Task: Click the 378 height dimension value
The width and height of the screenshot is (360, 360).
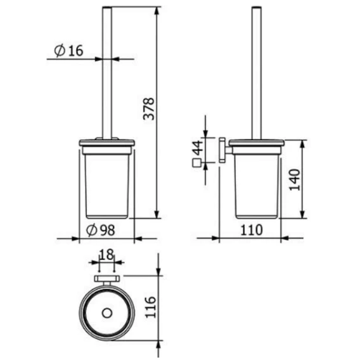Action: point(149,109)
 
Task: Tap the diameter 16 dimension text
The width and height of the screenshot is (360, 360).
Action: point(68,51)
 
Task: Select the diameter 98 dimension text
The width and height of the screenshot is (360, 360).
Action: point(101,230)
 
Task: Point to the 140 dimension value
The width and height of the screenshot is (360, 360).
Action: point(295,179)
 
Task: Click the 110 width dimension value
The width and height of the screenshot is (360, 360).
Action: point(252,230)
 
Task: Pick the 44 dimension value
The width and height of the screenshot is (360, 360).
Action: point(198,148)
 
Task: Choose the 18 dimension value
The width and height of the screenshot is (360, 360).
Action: point(106,254)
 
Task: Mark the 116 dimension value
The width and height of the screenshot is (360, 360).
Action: point(151,307)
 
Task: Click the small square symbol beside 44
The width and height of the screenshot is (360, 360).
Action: point(196,163)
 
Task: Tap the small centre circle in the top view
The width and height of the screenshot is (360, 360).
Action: point(107,313)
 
